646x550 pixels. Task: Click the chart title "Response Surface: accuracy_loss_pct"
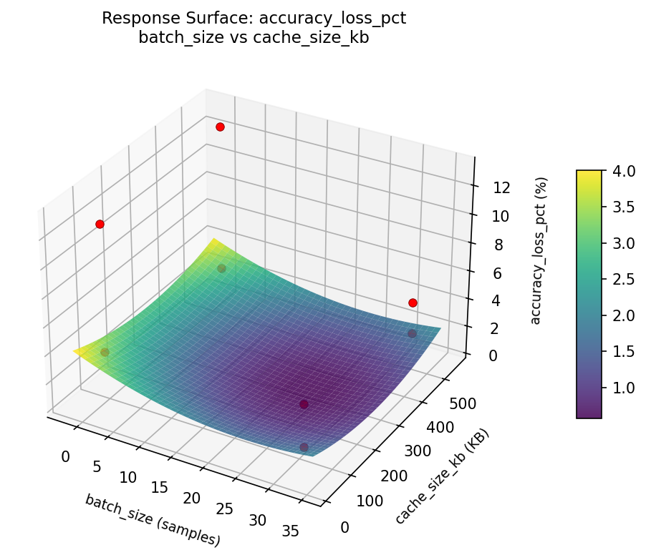coord(254,19)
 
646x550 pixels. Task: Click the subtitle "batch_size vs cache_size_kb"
coord(254,38)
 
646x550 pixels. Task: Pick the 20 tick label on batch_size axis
coord(192,498)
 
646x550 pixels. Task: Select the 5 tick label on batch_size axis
coord(97,467)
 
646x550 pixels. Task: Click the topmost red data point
coord(220,127)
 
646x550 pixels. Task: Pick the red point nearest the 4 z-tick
coord(413,303)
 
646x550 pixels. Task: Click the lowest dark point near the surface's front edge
coord(304,447)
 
